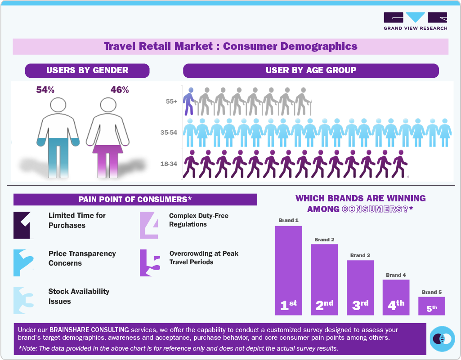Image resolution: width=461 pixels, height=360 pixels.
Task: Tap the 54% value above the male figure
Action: point(45,90)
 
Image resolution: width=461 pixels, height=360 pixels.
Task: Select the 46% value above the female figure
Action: point(120,90)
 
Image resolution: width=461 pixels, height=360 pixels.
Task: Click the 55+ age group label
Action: point(171,102)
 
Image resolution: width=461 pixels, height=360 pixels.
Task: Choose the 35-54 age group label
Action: point(169,133)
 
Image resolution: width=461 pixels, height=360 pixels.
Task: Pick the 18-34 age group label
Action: point(169,164)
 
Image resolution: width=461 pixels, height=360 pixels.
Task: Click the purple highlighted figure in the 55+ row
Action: point(190,101)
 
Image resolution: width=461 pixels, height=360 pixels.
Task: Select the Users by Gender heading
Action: point(87,71)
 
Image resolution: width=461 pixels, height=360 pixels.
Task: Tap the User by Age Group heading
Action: point(311,71)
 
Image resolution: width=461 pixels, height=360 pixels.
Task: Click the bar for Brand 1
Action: point(288,270)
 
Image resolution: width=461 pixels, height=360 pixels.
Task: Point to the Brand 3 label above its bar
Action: point(360,255)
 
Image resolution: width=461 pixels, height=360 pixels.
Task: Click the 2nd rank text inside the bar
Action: point(324,305)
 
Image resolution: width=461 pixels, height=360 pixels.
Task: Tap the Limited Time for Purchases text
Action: point(77,220)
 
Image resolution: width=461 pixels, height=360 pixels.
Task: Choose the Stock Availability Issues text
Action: point(79,296)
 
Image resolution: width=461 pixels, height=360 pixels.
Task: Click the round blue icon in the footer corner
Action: point(442,338)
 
